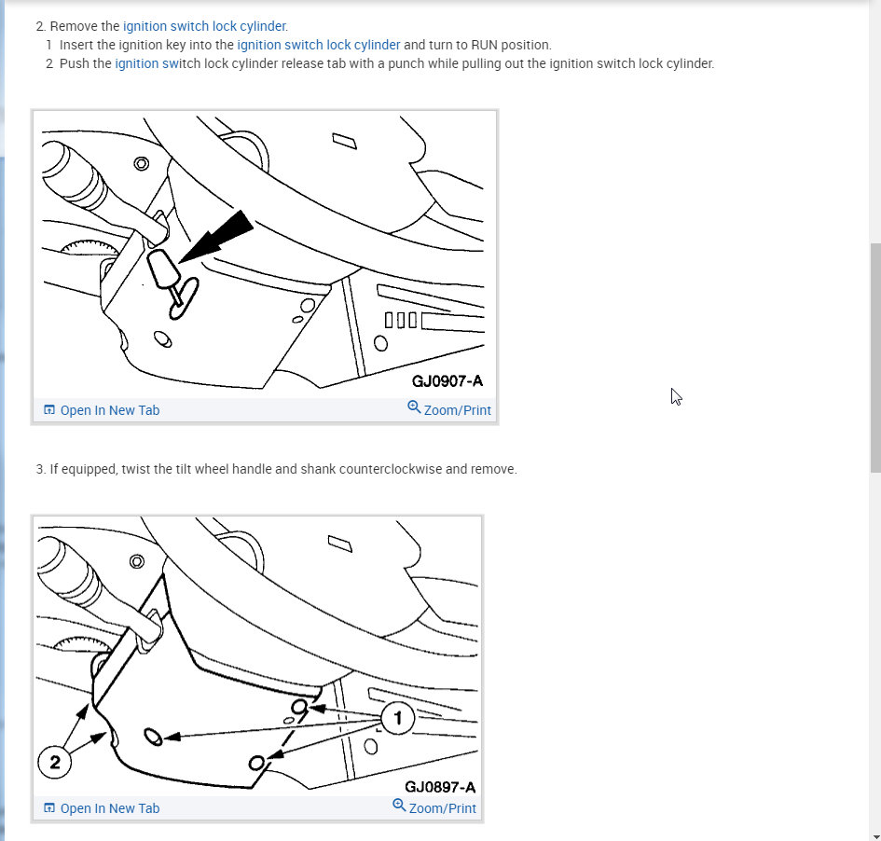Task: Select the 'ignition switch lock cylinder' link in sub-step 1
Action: [x=318, y=45]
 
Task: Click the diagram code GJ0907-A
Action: [x=447, y=381]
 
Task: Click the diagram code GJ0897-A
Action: [x=440, y=788]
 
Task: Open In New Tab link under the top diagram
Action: [x=109, y=410]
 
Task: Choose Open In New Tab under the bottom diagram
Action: [x=109, y=808]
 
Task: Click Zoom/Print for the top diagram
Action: [x=457, y=410]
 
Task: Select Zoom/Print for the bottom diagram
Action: [x=442, y=808]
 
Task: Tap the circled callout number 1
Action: [x=398, y=718]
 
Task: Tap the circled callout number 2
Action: [x=55, y=763]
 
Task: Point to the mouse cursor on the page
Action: [x=676, y=396]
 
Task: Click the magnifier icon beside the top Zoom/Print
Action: [x=414, y=407]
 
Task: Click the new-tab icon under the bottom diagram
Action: [x=49, y=808]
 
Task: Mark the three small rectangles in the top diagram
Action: [x=399, y=320]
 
